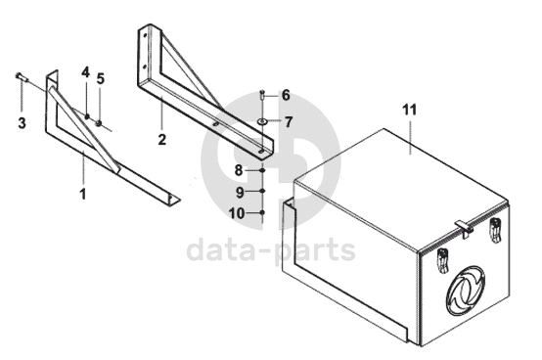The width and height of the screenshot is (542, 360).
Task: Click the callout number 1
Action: pos(83,194)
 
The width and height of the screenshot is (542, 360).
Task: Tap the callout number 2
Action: pos(161,139)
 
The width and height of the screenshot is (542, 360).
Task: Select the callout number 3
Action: pos(22,122)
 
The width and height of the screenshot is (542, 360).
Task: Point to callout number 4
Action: pos(85,72)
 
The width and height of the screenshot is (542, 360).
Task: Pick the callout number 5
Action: pos(100,79)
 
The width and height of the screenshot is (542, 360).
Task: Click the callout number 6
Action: pos(286,95)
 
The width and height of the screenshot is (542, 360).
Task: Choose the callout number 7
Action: pos(289,122)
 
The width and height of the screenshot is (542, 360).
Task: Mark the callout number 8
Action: pos(239,170)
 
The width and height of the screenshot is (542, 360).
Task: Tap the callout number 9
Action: pos(240,192)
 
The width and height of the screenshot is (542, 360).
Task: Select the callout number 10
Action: pos(237,213)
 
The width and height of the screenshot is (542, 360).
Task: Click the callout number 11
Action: pos(410,110)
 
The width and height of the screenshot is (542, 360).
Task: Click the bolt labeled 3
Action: pos(21,76)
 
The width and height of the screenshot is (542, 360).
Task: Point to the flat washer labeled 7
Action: pos(262,121)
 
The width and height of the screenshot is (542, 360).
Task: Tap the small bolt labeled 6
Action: pos(262,94)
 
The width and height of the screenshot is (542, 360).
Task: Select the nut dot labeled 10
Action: pos(262,212)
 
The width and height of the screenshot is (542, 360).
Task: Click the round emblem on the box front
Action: pos(466,291)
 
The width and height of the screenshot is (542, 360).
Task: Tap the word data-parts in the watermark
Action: pos(271,249)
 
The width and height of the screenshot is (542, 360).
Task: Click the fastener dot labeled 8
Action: pos(262,170)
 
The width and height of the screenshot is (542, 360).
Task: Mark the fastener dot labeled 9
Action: pos(262,191)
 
